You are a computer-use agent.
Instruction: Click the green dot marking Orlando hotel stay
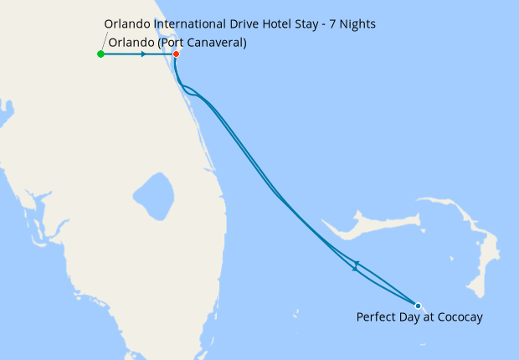(100, 54)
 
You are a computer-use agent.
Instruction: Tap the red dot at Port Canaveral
(176, 54)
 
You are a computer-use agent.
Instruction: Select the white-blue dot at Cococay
(418, 306)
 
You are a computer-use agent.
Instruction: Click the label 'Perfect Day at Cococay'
(419, 317)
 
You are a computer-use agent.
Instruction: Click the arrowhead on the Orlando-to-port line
(144, 54)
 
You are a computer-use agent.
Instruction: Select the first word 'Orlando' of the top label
(128, 23)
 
